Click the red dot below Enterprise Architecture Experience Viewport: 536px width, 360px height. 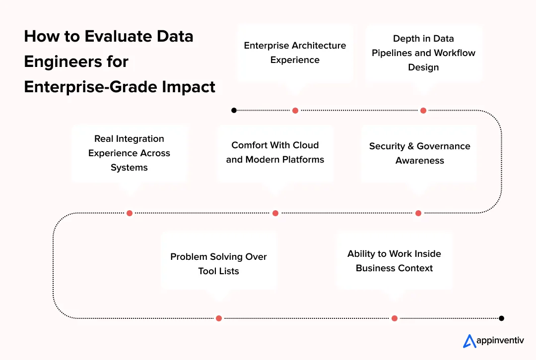[x=295, y=111]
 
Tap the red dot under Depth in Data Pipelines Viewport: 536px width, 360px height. [x=423, y=111]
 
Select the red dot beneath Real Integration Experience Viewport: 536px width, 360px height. [x=130, y=213]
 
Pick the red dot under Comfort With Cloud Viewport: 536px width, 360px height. [x=275, y=213]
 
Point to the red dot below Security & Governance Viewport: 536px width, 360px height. [x=418, y=213]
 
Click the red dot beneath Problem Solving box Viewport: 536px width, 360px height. [x=219, y=318]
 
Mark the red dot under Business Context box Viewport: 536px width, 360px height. [x=395, y=318]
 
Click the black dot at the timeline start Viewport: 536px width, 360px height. [x=234, y=110]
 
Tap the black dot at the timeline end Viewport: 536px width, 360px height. [x=502, y=318]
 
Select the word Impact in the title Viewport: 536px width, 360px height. [x=191, y=87]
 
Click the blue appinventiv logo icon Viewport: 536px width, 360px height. [x=469, y=341]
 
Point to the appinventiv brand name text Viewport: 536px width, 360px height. [x=500, y=341]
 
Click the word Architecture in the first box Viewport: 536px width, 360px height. [x=318, y=46]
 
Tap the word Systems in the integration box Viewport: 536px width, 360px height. [x=129, y=168]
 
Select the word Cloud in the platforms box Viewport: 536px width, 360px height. [x=307, y=145]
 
